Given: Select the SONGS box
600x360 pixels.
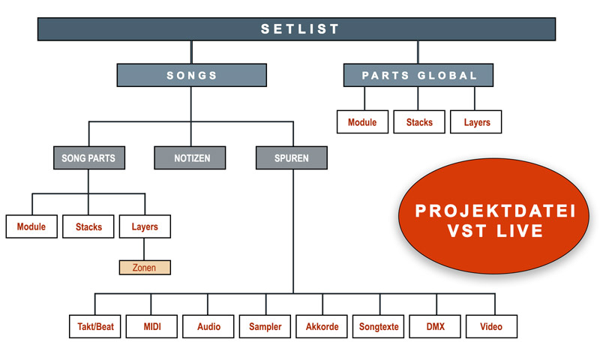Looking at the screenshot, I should pos(191,76).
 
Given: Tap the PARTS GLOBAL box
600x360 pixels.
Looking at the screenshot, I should pos(418,76).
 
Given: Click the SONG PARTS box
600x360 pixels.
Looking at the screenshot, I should pos(88,158).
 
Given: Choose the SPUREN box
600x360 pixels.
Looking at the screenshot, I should pos(292,158).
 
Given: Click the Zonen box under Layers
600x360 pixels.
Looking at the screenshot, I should pos(145,268).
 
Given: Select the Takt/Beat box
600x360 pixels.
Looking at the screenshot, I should pos(96,327).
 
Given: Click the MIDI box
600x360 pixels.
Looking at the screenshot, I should pos(152,327).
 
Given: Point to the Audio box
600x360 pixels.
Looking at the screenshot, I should pos(208,327).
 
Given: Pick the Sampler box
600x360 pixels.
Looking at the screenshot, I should pos(265,327).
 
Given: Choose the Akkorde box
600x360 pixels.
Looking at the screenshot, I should pos(322,327).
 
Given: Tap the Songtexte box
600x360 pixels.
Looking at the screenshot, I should pos(379,327).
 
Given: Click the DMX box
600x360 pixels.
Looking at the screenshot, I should pos(436,327).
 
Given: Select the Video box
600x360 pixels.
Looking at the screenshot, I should pos(492,327).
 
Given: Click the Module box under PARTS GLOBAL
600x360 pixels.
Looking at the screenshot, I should pos(362,122).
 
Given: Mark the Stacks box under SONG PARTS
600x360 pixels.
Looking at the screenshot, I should pos(88,226).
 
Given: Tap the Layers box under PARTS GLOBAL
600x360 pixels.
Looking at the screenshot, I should pos(476,122).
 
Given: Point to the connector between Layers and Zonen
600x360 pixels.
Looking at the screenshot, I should pos(145,249).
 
